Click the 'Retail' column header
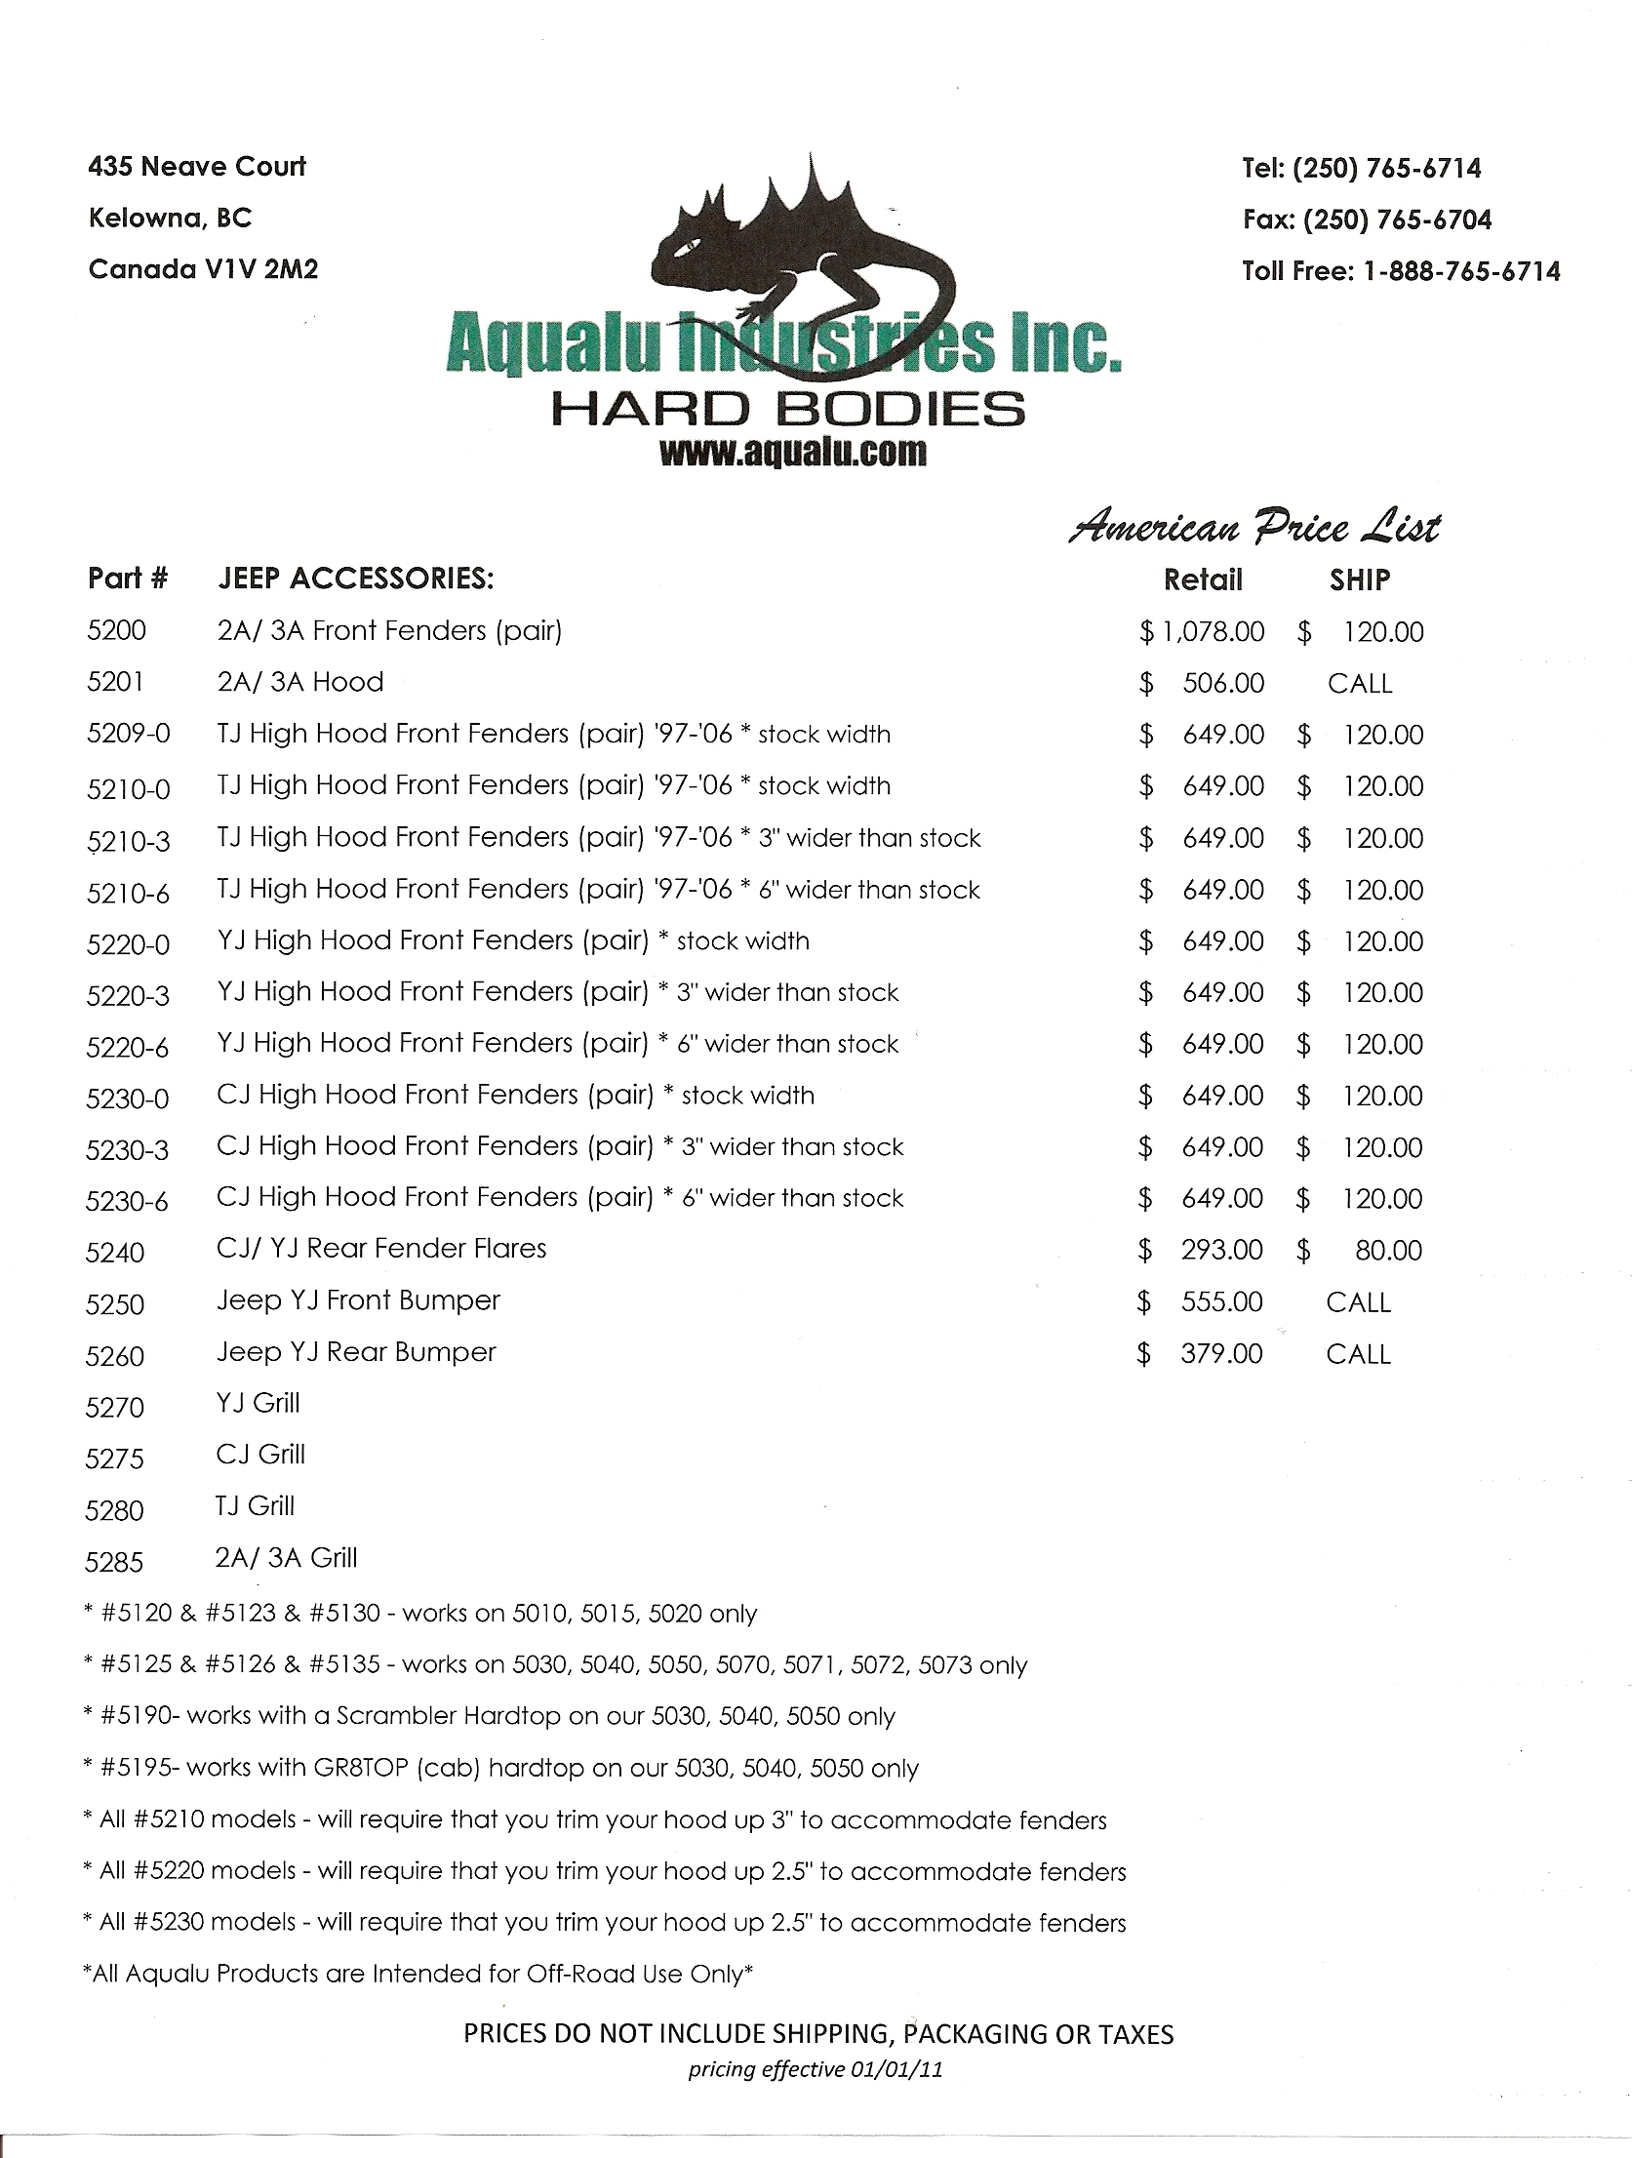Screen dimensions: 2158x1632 (x=1203, y=579)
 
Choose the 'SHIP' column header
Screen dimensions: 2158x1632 (x=1359, y=579)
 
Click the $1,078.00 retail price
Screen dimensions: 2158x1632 (x=1203, y=632)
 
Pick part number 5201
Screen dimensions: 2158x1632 (x=115, y=682)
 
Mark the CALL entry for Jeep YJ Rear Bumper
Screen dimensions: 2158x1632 (x=1358, y=1353)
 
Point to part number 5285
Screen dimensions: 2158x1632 (x=115, y=1562)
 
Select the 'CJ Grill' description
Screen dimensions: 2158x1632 (x=260, y=1455)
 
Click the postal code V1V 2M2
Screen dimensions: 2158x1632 (x=260, y=269)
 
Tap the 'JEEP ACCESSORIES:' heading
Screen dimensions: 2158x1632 (x=355, y=579)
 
